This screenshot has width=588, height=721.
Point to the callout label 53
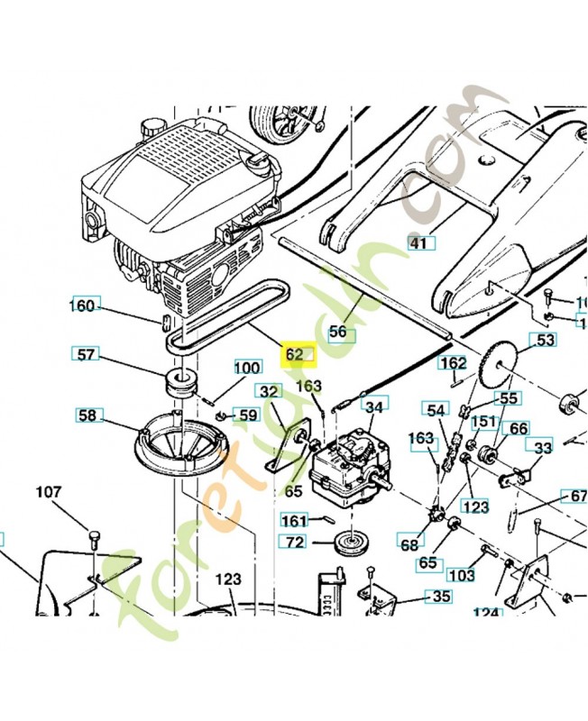tap(546, 340)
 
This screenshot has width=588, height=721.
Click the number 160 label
tap(83, 306)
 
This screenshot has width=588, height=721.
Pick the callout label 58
tap(87, 415)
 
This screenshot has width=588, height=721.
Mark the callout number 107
tap(49, 492)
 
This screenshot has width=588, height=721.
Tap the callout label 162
tap(453, 363)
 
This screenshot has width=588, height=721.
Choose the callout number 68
tap(409, 543)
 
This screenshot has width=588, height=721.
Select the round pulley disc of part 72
tap(345, 544)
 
